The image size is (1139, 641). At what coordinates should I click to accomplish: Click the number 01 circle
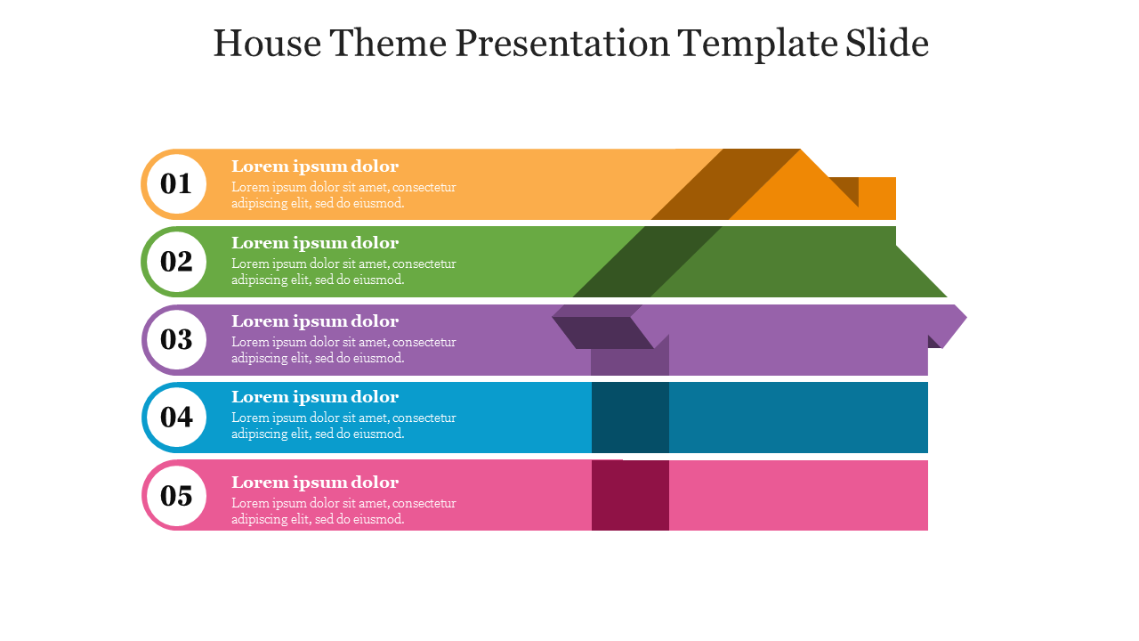point(176,184)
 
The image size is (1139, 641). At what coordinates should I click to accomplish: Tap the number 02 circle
point(176,262)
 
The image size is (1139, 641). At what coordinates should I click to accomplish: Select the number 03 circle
point(176,340)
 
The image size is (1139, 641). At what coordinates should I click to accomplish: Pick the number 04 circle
point(176,418)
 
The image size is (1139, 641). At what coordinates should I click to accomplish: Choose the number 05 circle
point(176,496)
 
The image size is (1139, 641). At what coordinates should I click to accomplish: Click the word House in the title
point(268,44)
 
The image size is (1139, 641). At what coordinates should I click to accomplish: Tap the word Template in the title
point(757,45)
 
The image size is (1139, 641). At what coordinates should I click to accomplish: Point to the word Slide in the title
point(887,43)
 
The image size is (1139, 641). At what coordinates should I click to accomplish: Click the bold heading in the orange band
point(315,166)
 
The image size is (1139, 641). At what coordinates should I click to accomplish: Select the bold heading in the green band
point(315,243)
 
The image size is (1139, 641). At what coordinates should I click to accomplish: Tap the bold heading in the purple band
point(315,321)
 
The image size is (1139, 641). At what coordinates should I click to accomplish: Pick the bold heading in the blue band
point(315,397)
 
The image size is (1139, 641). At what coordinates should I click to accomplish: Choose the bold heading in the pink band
point(315,483)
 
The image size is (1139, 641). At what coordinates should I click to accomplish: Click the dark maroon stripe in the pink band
point(631,496)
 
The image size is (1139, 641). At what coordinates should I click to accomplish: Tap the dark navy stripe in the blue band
point(631,418)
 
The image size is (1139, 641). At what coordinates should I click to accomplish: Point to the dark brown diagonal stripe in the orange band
point(725,184)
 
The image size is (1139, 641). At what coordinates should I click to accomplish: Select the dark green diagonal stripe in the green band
point(648,262)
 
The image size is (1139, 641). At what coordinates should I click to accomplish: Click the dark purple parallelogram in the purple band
point(603,333)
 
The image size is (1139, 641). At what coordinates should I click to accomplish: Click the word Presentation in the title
point(562,43)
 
